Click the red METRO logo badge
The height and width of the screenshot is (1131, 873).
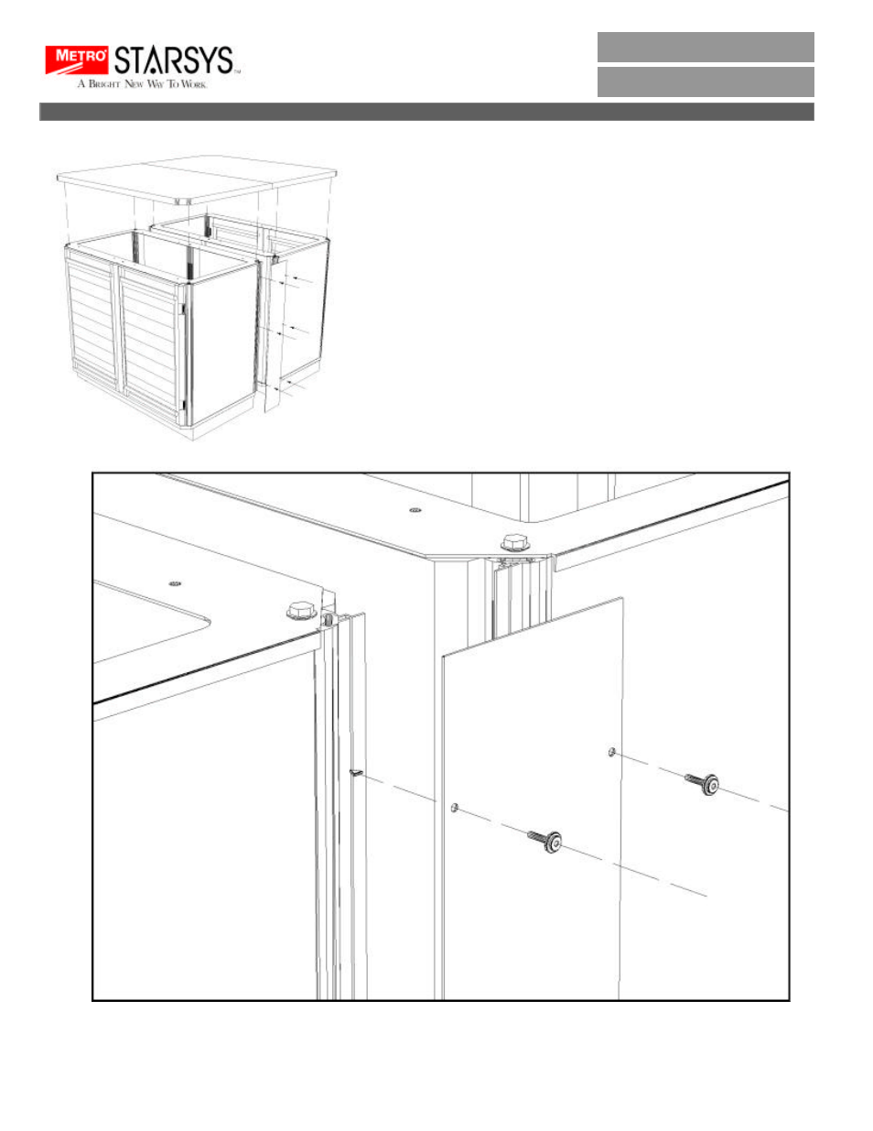78,60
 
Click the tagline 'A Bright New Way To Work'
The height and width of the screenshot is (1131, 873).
142,84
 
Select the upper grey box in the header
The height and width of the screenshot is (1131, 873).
705,47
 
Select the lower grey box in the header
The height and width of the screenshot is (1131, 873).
705,82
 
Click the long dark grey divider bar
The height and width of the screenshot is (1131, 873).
426,112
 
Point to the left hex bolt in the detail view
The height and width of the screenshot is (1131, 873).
300,610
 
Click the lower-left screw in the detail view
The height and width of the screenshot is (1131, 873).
545,841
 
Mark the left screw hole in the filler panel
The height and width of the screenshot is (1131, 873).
454,808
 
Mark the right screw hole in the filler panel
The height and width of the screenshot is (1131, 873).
610,752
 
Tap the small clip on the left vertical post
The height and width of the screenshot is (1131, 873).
355,773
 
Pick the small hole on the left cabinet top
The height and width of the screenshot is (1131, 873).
175,582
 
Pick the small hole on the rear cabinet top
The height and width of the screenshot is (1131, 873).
415,510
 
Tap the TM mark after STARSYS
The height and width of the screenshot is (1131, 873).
237,71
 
